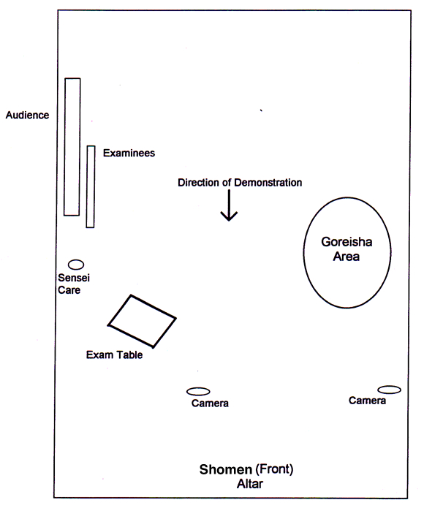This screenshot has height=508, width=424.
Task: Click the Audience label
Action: [27, 115]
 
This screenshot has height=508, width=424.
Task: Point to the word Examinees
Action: [129, 153]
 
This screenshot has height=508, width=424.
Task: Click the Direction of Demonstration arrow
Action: [229, 205]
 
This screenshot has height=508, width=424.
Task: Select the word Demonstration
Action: [268, 183]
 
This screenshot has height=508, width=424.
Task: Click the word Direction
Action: [198, 183]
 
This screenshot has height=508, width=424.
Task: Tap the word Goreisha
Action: [347, 242]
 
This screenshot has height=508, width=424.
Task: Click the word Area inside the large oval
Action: [347, 257]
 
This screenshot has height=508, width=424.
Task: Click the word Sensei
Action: [74, 278]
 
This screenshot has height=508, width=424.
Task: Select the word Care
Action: [69, 290]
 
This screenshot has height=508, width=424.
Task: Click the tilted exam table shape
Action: [131, 295]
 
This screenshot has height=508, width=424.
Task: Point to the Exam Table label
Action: [114, 355]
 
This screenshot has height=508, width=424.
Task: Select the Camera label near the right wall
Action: [367, 401]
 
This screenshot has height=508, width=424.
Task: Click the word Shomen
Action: [225, 469]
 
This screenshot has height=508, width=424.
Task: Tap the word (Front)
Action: [274, 469]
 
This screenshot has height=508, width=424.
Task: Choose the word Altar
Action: [250, 484]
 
